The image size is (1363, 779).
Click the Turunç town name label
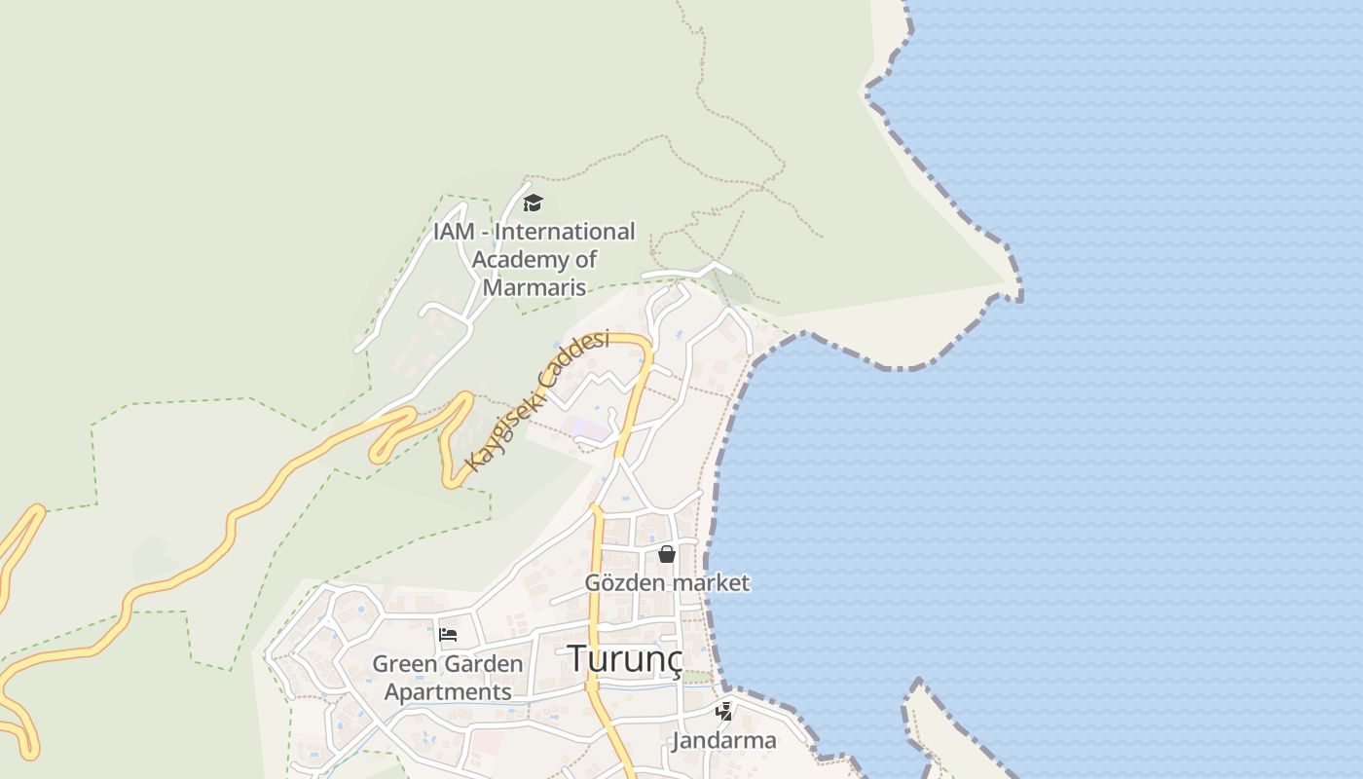coord(624,659)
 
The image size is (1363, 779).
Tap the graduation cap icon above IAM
coord(532,203)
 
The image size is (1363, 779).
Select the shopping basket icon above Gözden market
coord(667,554)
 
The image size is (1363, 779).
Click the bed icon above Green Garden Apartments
coord(448,635)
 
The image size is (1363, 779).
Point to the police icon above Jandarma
coord(723,712)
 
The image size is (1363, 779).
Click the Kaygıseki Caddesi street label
coord(536,399)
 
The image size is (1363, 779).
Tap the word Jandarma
coord(723,740)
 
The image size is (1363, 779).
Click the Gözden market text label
coord(667,583)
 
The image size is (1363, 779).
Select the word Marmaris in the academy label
coord(534,287)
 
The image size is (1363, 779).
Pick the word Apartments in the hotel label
coord(448,691)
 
